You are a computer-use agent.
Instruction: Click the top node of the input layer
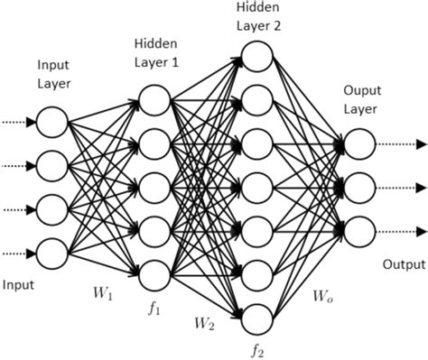coord(52,122)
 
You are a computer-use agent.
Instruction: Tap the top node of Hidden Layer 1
coord(154,99)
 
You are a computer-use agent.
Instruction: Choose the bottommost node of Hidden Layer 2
coord(257,316)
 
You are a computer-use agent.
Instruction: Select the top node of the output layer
coord(358,143)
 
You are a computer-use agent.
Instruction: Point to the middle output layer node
coord(358,186)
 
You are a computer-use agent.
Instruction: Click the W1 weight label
coord(103,293)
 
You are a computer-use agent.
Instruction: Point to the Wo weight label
coord(321,293)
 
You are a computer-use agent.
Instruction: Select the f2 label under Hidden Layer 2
coord(257,347)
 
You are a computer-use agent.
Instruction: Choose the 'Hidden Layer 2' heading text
coord(258,15)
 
